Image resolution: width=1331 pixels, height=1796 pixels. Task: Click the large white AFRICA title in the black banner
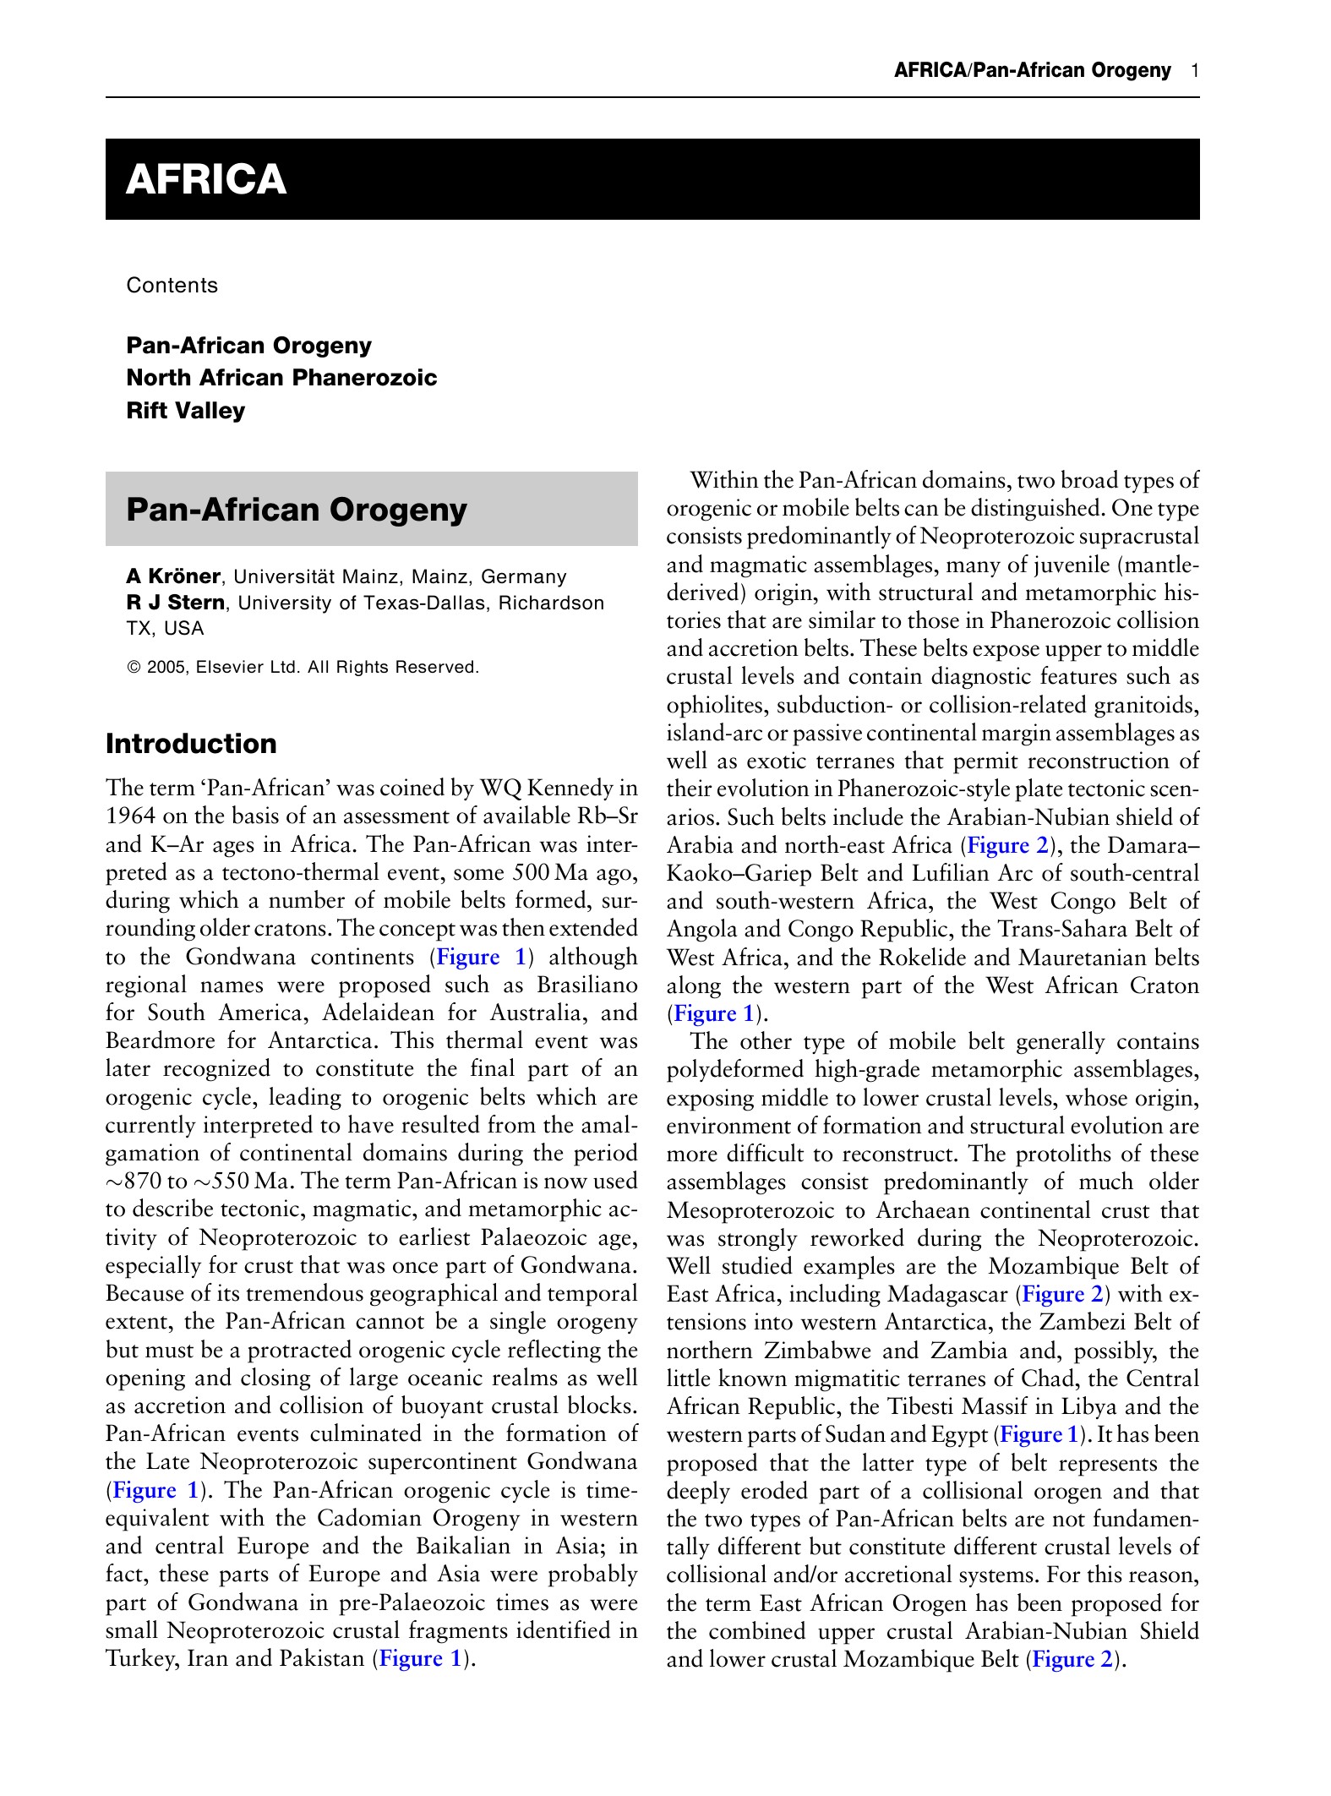(x=206, y=180)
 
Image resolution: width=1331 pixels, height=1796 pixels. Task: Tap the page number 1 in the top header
(x=1194, y=70)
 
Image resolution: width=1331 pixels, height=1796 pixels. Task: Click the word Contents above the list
(x=172, y=286)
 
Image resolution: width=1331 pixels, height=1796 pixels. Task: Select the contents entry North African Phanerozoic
(x=281, y=378)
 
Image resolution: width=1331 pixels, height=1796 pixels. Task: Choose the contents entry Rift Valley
(x=185, y=411)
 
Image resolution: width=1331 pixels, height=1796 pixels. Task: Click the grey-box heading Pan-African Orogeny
(x=296, y=510)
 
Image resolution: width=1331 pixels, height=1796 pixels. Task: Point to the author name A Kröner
(x=173, y=576)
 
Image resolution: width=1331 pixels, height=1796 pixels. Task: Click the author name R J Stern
(x=175, y=603)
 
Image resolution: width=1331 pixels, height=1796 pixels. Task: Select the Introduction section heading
(x=191, y=744)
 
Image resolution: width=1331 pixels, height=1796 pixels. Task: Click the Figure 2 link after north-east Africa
(x=1007, y=845)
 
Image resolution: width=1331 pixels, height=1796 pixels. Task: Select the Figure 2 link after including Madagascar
(x=1063, y=1294)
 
